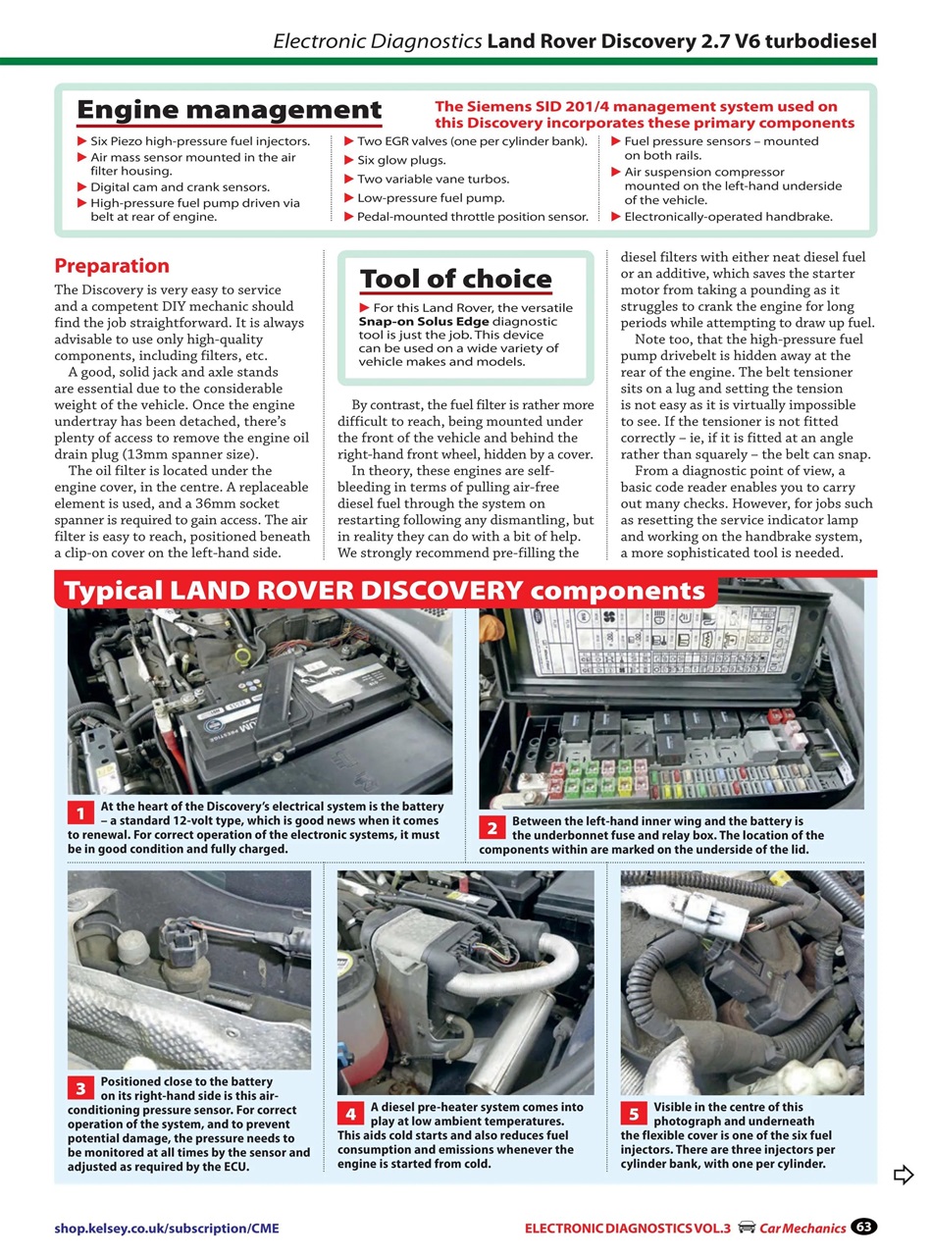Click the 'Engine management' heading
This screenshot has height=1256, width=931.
click(x=229, y=110)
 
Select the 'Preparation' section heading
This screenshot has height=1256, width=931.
click(x=111, y=266)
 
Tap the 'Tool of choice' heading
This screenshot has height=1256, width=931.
click(x=455, y=279)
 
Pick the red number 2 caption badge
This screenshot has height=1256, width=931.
click(x=492, y=827)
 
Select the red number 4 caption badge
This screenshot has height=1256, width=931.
click(x=350, y=1114)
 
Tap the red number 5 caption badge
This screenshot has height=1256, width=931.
click(x=634, y=1114)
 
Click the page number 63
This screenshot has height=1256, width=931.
click(x=863, y=1227)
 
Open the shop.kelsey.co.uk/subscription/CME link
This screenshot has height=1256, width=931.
click(x=173, y=1228)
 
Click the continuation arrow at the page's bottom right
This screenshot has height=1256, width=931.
click(x=904, y=1175)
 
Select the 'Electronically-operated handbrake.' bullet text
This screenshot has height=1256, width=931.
click(x=728, y=216)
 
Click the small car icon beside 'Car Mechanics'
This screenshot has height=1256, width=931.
click(x=747, y=1228)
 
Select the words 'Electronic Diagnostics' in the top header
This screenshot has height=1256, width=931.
click(x=377, y=41)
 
